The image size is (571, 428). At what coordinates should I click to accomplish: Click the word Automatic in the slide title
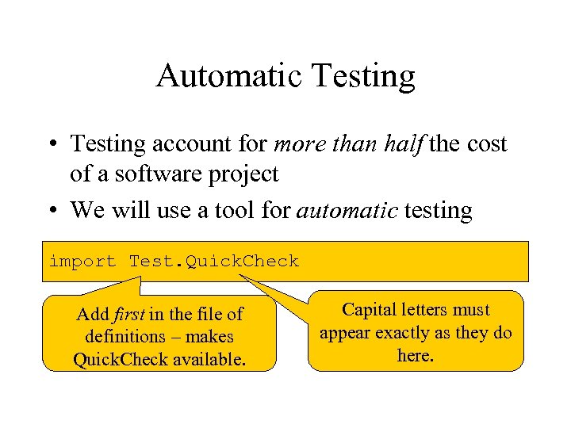coord(230,76)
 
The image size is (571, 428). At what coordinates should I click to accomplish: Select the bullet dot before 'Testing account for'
coord(53,145)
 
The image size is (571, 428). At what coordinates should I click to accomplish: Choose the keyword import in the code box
coord(82,261)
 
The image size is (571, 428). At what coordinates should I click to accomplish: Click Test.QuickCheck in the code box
coord(214,261)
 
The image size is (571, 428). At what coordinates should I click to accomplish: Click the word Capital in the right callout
coord(370,310)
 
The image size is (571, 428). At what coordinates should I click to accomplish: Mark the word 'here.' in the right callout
coord(416,355)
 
